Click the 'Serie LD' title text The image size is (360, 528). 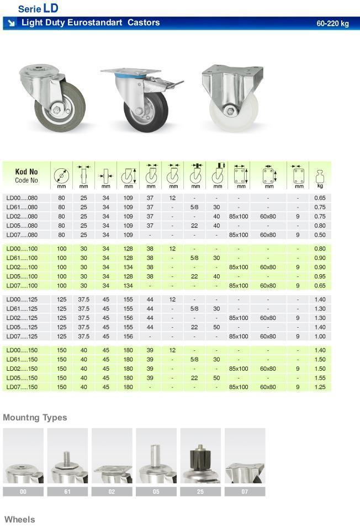point(38,8)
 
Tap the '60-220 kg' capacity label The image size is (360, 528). point(332,24)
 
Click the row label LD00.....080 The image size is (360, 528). point(22,198)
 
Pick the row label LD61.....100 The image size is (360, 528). point(22,258)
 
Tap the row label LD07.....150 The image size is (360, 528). point(22,387)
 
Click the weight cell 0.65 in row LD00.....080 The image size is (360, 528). point(320,198)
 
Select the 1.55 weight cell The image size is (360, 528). point(320,378)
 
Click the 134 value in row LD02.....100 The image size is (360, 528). point(128,268)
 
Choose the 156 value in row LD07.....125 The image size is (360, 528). point(128,337)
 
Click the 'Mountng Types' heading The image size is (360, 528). point(35,418)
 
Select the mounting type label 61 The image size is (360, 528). point(67,492)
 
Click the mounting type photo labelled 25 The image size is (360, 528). point(200,456)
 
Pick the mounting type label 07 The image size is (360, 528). point(245,492)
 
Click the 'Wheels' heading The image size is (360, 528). point(19,520)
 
